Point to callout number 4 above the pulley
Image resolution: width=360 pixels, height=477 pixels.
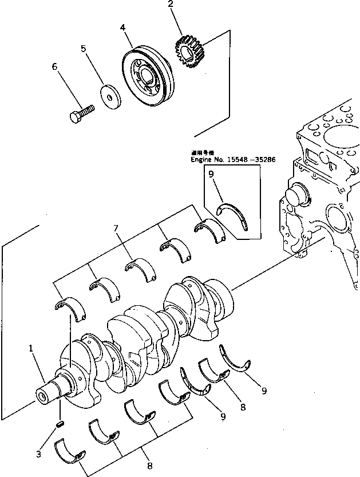click(x=123, y=27)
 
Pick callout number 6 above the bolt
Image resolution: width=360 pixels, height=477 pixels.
click(x=55, y=67)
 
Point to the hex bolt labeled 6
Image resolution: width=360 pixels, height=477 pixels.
click(x=81, y=113)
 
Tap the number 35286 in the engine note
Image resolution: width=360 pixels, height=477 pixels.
click(x=264, y=160)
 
